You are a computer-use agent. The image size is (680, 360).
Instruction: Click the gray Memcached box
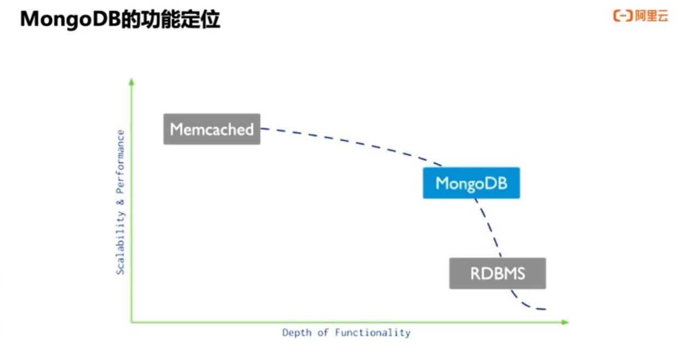click(212, 129)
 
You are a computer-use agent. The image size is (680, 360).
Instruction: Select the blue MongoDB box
click(471, 183)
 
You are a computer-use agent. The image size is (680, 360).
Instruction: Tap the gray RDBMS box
click(498, 273)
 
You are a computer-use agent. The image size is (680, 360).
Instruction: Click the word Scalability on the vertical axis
click(120, 243)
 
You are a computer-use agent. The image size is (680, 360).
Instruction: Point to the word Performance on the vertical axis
click(120, 162)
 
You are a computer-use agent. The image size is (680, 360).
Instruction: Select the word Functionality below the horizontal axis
click(373, 333)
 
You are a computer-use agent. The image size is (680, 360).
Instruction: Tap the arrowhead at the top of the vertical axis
click(132, 81)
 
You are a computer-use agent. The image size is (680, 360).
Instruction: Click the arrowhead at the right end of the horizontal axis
click(565, 322)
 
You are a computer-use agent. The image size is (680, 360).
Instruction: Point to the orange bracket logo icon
click(623, 16)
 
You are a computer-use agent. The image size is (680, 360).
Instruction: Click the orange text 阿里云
click(652, 16)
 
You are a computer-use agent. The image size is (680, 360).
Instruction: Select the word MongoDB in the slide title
click(71, 19)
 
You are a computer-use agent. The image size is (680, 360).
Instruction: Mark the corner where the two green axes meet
click(132, 322)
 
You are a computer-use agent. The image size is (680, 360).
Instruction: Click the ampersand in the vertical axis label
click(120, 202)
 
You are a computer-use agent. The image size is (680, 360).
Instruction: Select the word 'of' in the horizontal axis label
click(323, 333)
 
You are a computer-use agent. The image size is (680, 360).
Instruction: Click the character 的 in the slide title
click(131, 19)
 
